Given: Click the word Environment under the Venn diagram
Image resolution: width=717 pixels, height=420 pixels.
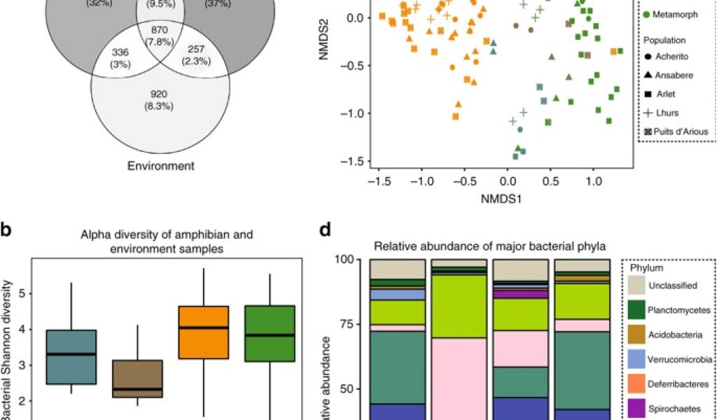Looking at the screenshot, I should pos(161,166).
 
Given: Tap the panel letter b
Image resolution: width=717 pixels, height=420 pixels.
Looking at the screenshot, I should pos(5,230).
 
